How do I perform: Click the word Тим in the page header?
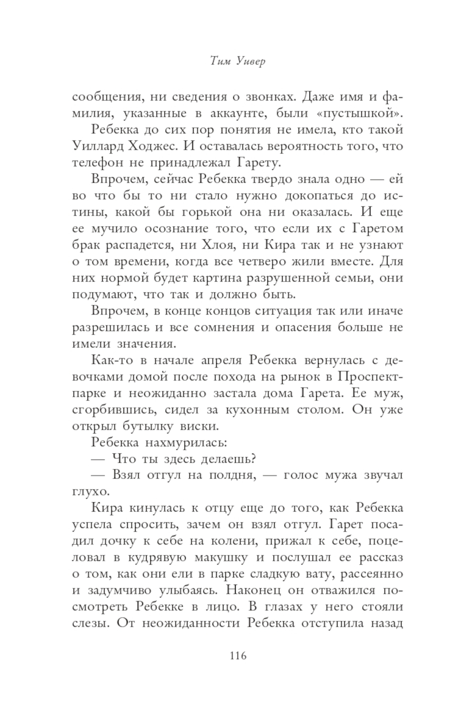click(218, 60)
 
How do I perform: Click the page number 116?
click(238, 655)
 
